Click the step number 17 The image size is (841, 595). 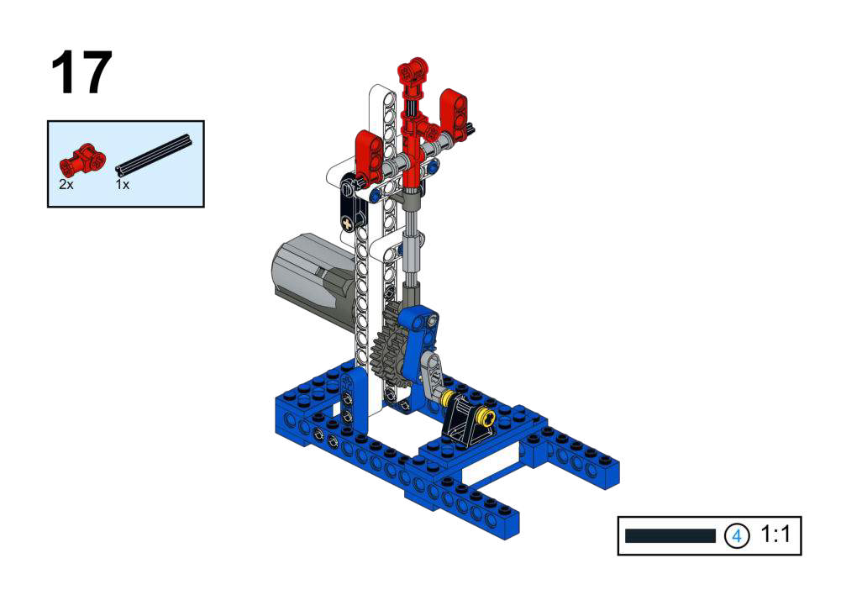pyautogui.click(x=81, y=72)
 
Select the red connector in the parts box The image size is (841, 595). pyautogui.click(x=82, y=160)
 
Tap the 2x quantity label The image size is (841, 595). pyautogui.click(x=66, y=185)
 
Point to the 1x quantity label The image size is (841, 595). pyautogui.click(x=123, y=185)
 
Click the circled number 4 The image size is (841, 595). pyautogui.click(x=737, y=535)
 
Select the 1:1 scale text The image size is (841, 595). pyautogui.click(x=775, y=534)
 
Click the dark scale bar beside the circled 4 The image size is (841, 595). pyautogui.click(x=670, y=535)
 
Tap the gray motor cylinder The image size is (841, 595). pyautogui.click(x=311, y=282)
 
